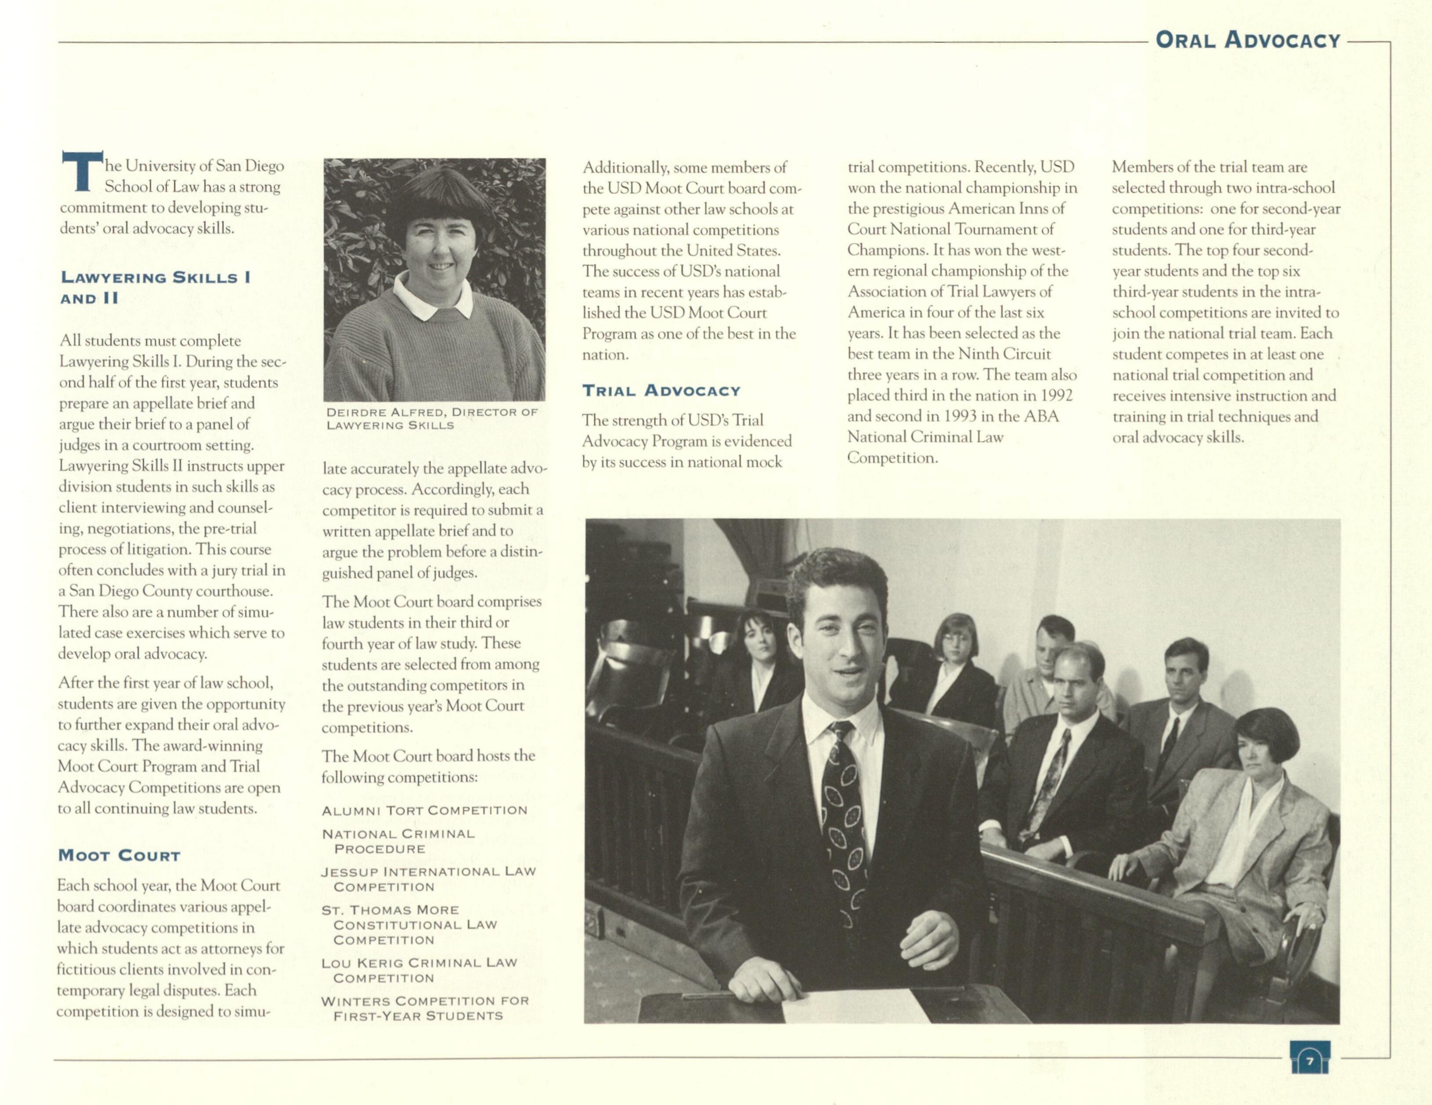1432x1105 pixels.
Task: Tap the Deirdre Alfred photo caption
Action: pos(431,418)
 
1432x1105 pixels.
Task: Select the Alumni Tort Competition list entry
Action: pos(424,811)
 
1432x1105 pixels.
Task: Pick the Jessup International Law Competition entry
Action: pos(428,879)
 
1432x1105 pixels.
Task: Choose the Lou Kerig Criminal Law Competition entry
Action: pos(419,970)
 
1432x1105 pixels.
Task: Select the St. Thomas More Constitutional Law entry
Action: pos(409,925)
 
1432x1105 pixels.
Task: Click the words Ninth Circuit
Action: pos(1004,354)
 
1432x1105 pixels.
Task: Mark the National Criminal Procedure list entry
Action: pos(398,841)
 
